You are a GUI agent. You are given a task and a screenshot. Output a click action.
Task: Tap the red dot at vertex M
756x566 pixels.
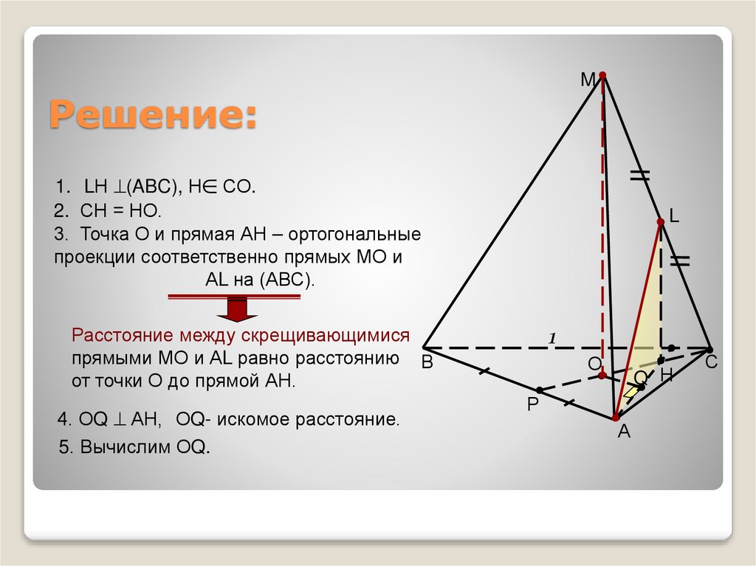(x=602, y=75)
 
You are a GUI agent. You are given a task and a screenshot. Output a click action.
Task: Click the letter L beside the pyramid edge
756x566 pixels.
(x=673, y=215)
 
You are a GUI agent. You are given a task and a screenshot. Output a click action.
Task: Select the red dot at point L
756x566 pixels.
(x=661, y=221)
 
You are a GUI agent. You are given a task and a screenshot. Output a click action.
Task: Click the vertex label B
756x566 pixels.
(x=427, y=364)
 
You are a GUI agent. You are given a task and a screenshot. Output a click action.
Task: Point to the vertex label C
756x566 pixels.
(x=711, y=363)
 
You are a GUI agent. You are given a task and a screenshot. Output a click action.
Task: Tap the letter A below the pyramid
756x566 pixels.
(x=624, y=433)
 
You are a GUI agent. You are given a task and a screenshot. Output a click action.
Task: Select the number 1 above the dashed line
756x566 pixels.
(x=551, y=338)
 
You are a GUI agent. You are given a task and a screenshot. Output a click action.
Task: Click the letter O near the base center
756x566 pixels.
(x=594, y=365)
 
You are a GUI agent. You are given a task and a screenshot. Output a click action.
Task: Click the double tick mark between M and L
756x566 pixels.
(x=639, y=175)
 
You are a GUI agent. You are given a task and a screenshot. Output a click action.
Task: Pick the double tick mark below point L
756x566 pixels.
(x=679, y=260)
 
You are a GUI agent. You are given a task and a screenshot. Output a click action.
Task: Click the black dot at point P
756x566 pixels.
(x=540, y=390)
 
